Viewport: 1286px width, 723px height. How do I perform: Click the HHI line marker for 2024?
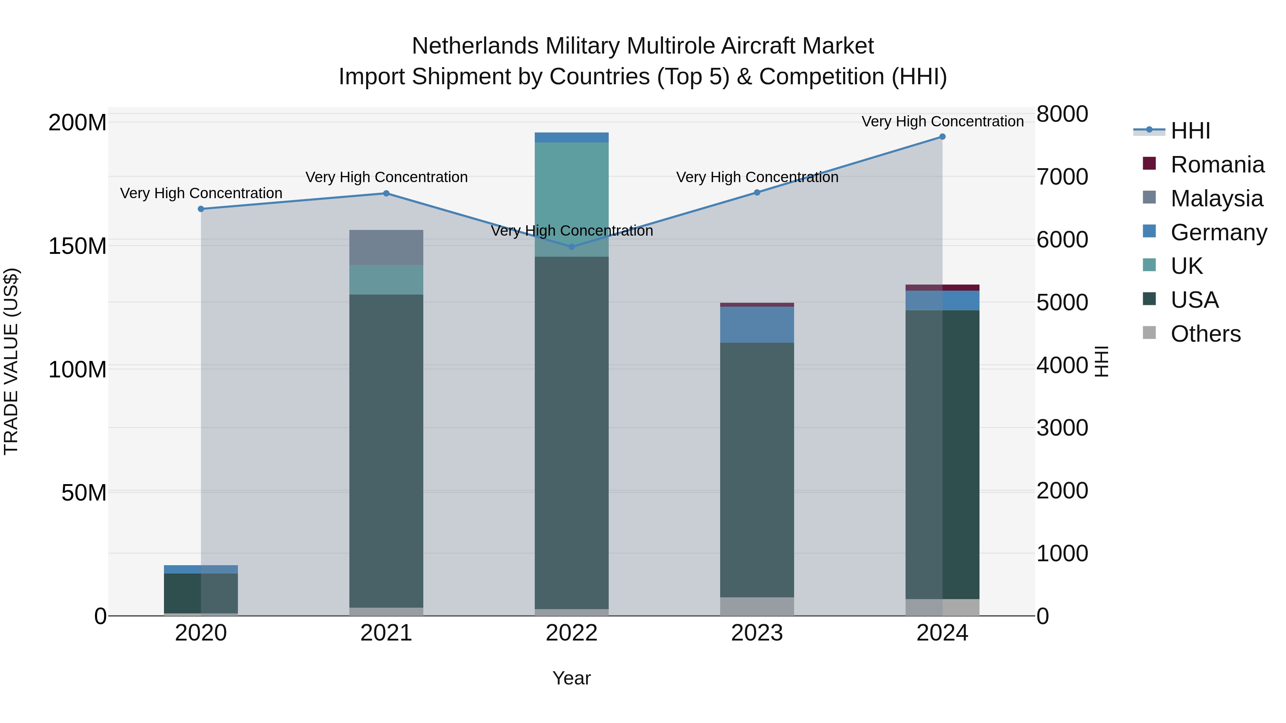point(942,137)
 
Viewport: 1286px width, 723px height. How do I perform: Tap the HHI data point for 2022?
point(572,247)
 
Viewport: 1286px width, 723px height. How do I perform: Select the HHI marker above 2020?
point(201,209)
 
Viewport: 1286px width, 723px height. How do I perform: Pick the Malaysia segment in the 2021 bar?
point(386,247)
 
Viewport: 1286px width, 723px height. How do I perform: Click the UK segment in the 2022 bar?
point(572,200)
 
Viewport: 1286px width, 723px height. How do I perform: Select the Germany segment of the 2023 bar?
point(757,325)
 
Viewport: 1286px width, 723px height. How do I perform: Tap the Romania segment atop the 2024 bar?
point(942,287)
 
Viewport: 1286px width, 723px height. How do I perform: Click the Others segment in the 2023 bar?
point(757,606)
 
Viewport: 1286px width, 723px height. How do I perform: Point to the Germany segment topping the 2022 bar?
point(572,137)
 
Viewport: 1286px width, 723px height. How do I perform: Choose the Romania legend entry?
point(1217,165)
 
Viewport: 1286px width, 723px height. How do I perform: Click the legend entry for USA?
point(1194,300)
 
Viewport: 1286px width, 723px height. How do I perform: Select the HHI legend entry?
point(1190,131)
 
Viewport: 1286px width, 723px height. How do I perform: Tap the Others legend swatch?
point(1149,333)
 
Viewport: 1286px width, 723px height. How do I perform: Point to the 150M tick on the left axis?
point(78,246)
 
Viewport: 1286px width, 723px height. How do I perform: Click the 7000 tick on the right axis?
point(1062,177)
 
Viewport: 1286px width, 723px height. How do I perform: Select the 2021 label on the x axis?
point(386,633)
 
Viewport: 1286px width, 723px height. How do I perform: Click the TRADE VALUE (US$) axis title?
point(11,361)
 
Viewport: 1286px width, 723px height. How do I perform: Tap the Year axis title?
point(571,678)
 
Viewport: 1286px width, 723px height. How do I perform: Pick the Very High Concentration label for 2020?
point(201,193)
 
